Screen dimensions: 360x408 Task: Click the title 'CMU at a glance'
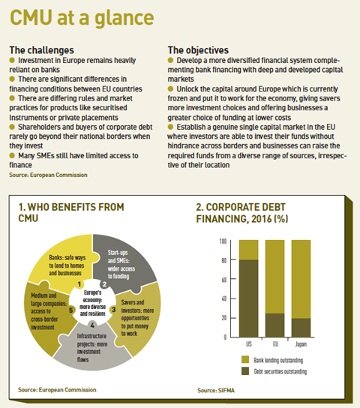pyautogui.click(x=82, y=18)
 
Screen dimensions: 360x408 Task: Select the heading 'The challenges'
pyautogui.click(x=41, y=50)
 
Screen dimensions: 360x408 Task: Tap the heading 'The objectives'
pyautogui.click(x=198, y=50)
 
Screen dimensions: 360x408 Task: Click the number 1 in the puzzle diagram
pyautogui.click(x=79, y=284)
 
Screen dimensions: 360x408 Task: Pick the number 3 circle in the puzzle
pyautogui.click(x=114, y=310)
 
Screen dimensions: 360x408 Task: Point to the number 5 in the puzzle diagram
pyautogui.click(x=71, y=310)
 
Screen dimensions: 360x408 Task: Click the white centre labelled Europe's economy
pyautogui.click(x=92, y=303)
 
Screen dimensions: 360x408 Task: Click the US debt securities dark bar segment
pyautogui.click(x=249, y=298)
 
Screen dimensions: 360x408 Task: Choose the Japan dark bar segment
pyautogui.click(x=301, y=328)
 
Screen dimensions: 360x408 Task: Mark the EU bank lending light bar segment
pyautogui.click(x=274, y=277)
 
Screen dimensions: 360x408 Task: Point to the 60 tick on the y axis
pyautogui.click(x=224, y=280)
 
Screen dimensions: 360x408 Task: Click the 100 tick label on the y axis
pyautogui.click(x=223, y=241)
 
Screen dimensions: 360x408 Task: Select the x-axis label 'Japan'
pyautogui.click(x=301, y=344)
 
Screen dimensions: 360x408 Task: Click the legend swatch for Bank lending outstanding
pyautogui.click(x=245, y=359)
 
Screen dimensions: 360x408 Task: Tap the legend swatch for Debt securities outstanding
pyautogui.click(x=245, y=371)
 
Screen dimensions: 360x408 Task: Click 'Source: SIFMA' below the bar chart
pyautogui.click(x=216, y=390)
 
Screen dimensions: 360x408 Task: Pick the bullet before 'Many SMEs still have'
pyautogui.click(x=12, y=155)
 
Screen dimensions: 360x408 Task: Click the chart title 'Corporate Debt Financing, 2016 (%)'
pyautogui.click(x=242, y=213)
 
